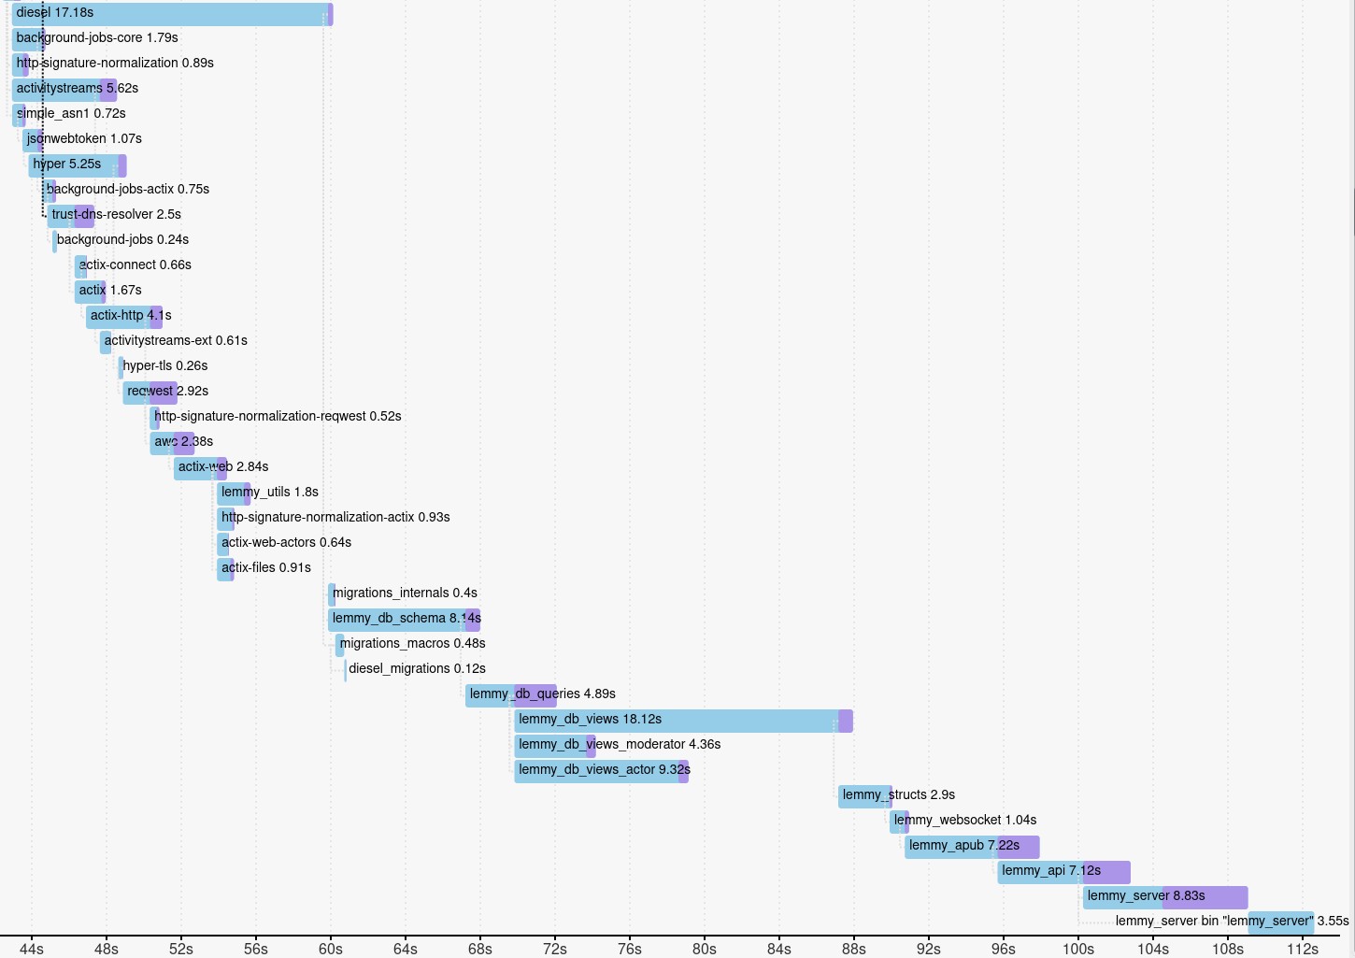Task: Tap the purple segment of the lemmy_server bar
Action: (x=1205, y=897)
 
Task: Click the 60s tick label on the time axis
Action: (x=330, y=949)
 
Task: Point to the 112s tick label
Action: (x=1302, y=949)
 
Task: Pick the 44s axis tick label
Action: (x=31, y=949)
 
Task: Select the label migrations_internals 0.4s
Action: (x=405, y=593)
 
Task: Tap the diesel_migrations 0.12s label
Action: (x=417, y=669)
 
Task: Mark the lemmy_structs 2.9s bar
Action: (x=864, y=796)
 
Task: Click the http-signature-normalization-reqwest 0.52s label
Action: (x=278, y=417)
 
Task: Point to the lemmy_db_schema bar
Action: (x=403, y=620)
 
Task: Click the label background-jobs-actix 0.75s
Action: (x=128, y=190)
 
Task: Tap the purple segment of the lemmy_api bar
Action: (x=1106, y=872)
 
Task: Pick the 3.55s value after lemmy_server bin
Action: (x=1333, y=922)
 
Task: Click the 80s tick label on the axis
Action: (x=704, y=949)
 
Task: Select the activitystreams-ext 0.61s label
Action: (x=176, y=341)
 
